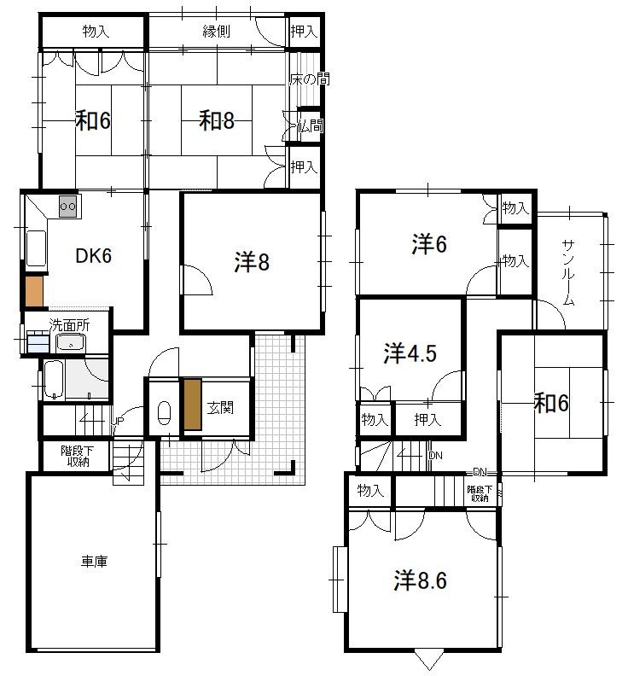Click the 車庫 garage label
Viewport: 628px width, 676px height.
coord(94,562)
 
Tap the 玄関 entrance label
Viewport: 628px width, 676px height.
coord(220,407)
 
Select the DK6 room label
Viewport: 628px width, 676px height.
coord(94,256)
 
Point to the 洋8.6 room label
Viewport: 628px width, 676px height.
coord(421,580)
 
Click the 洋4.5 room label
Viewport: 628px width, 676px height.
coord(410,353)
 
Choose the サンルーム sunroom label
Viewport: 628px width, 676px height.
coord(568,272)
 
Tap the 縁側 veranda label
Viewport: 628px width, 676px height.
coord(217,31)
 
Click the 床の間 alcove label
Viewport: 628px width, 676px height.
coord(310,79)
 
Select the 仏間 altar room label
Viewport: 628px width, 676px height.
coord(310,125)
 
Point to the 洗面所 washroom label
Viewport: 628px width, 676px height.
coord(69,325)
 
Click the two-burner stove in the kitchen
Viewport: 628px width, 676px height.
coord(68,206)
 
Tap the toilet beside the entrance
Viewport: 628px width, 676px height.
coord(164,413)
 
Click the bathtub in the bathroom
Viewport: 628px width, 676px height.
coord(54,380)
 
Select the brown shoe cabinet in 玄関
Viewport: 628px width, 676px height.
coord(193,405)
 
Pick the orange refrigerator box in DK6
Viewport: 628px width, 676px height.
coord(34,291)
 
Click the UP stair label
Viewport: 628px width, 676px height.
coord(118,421)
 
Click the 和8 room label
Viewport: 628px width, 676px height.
coord(217,120)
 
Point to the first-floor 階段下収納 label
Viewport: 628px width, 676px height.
coord(78,456)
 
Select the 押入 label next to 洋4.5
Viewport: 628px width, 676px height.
coord(427,419)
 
